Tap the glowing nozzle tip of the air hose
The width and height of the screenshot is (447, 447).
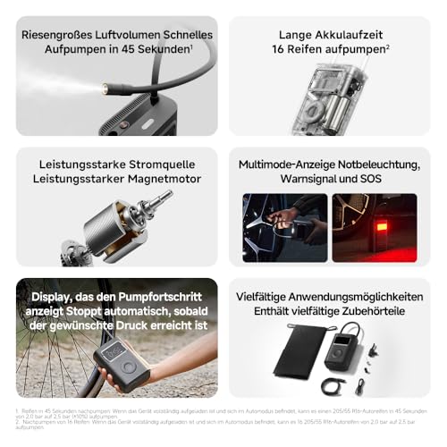pyautogui.click(x=106, y=89)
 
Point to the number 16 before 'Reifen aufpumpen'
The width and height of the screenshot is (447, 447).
pyautogui.click(x=282, y=49)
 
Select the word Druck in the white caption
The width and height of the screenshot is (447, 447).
pyautogui.click(x=129, y=325)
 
